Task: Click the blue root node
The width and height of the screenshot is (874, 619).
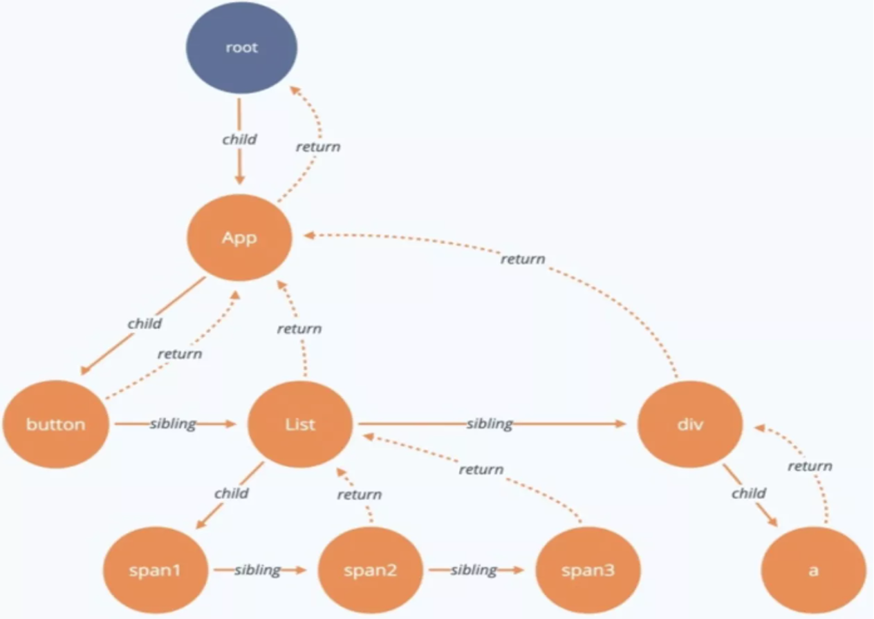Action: click(x=241, y=48)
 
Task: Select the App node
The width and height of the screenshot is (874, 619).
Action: click(x=239, y=238)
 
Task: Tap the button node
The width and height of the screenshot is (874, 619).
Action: click(x=56, y=424)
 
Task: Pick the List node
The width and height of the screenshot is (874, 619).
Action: click(x=300, y=424)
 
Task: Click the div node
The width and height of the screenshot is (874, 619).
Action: click(x=690, y=424)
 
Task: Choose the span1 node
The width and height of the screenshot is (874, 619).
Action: click(x=156, y=571)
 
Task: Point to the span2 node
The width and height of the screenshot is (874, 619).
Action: click(x=370, y=571)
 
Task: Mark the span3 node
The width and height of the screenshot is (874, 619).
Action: click(x=588, y=571)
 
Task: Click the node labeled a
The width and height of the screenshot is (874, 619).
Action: click(x=813, y=571)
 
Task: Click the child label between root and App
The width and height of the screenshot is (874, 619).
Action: click(x=239, y=139)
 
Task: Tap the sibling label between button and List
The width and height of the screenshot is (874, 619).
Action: click(x=173, y=423)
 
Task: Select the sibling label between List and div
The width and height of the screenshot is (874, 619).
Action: click(x=490, y=423)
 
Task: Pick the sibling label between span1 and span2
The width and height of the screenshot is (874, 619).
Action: click(x=257, y=570)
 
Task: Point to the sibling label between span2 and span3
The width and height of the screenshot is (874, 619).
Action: click(x=474, y=570)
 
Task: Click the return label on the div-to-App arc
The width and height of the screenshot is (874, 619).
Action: click(x=523, y=259)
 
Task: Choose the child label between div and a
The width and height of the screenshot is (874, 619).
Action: click(x=749, y=493)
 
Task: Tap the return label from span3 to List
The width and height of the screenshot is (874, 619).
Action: click(x=481, y=470)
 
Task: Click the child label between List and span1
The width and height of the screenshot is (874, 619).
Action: click(x=232, y=493)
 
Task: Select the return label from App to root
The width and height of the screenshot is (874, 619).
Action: click(x=318, y=146)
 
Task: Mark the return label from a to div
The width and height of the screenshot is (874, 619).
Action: click(x=810, y=466)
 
